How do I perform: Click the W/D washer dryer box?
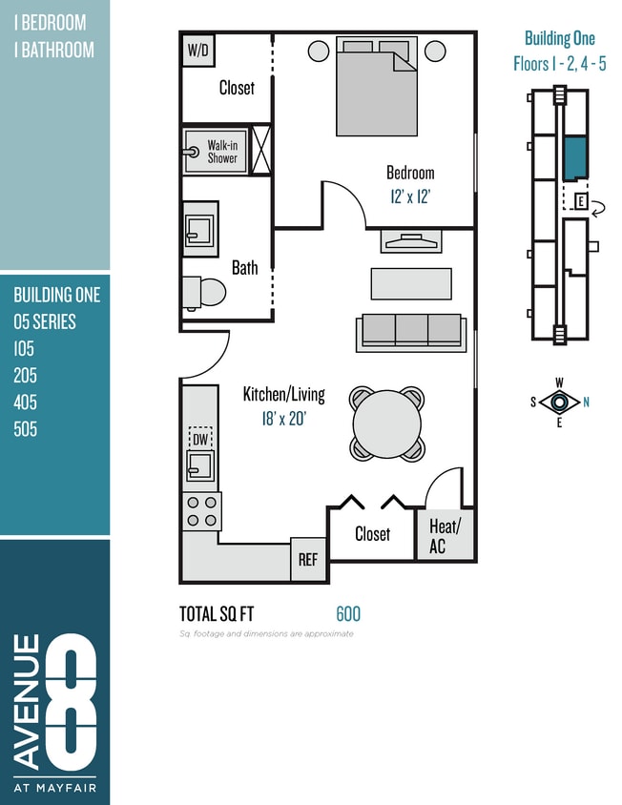tap(197, 50)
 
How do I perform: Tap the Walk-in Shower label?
tap(222, 152)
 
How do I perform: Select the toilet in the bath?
tap(204, 292)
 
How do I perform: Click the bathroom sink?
tap(199, 229)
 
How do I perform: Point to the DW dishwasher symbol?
tap(200, 439)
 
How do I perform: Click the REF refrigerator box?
tap(308, 560)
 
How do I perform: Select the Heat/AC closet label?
tap(445, 535)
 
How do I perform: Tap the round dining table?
tap(387, 423)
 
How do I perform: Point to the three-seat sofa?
tap(411, 331)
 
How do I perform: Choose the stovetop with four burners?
tap(201, 511)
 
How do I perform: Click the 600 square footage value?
tap(348, 614)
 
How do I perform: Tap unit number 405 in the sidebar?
tap(26, 402)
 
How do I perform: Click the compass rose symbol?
tap(559, 402)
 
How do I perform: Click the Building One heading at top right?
tap(559, 38)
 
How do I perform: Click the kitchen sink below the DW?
tap(200, 465)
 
